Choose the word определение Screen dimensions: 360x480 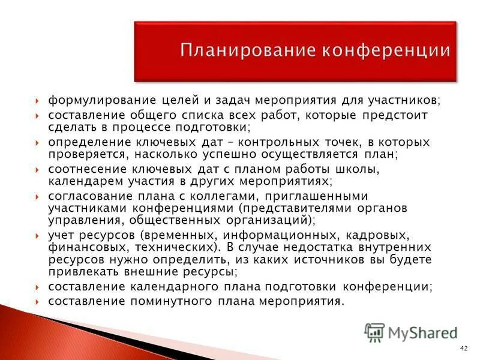[x=84, y=142]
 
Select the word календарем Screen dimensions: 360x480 [x=78, y=181]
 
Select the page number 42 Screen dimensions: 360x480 [x=463, y=349]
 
